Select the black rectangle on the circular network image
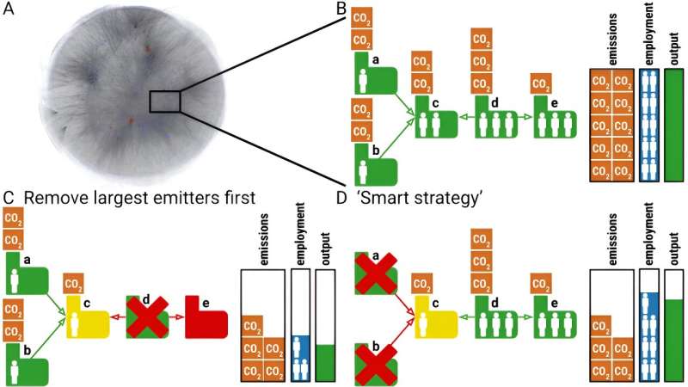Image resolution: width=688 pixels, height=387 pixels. coord(164,101)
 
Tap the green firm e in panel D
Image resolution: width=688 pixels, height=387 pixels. coord(550,313)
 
